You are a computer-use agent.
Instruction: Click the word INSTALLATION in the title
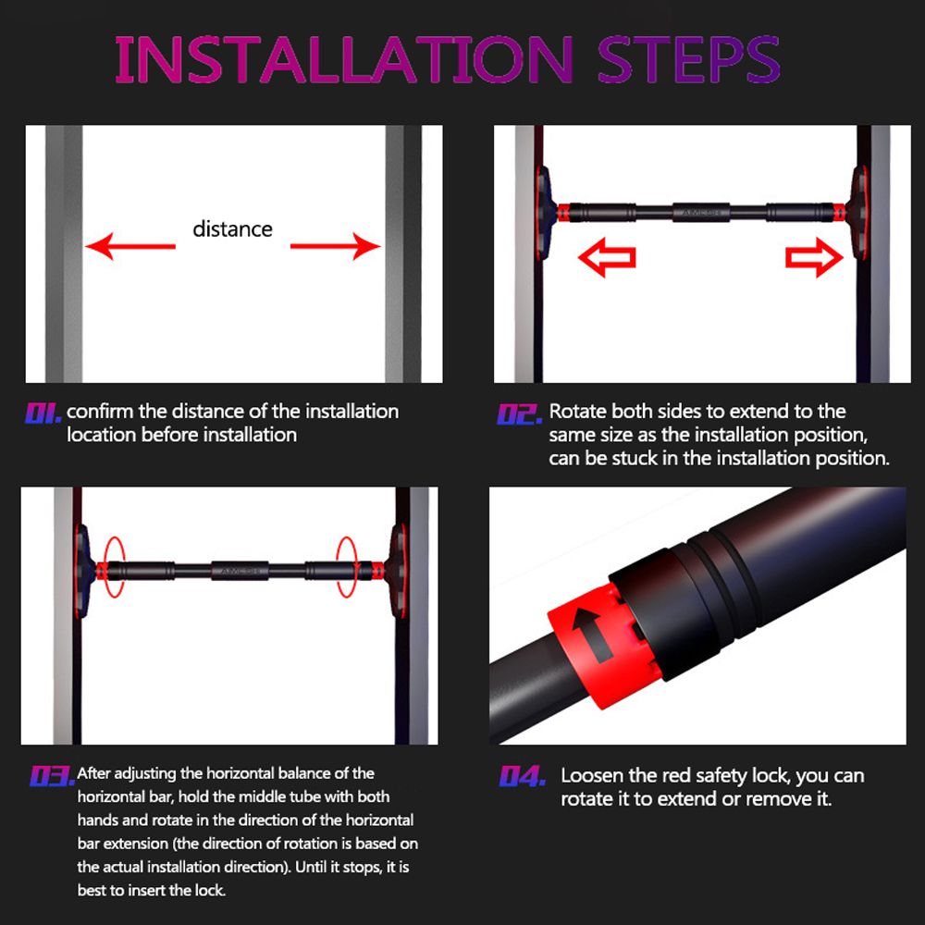(x=343, y=59)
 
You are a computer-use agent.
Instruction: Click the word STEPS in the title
(x=688, y=59)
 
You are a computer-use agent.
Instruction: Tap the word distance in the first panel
(x=232, y=228)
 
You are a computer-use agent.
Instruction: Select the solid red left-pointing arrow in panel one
(x=130, y=246)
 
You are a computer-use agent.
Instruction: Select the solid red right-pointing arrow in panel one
(x=335, y=246)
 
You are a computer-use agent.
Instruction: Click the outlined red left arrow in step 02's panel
(x=607, y=257)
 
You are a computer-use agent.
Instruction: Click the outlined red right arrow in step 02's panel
(x=814, y=257)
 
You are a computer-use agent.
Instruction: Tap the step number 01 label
(x=43, y=413)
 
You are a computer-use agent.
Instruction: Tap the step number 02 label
(x=519, y=414)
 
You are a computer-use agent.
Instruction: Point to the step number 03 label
(x=52, y=776)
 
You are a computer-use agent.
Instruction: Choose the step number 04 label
(x=522, y=776)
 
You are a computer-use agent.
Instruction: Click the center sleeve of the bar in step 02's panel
(x=701, y=213)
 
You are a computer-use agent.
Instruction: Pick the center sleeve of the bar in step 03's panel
(x=240, y=571)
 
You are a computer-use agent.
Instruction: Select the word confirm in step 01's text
(x=100, y=412)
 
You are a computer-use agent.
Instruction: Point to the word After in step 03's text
(x=93, y=772)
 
